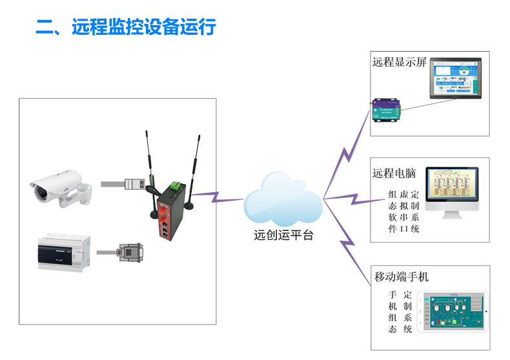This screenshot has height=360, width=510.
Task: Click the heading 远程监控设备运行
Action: click(126, 27)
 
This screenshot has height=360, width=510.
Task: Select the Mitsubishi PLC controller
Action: click(61, 252)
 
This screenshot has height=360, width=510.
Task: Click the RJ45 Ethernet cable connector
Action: click(133, 184)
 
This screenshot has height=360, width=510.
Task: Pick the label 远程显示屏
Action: click(400, 63)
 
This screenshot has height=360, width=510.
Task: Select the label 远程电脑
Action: click(394, 174)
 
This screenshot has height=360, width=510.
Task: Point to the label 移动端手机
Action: click(402, 277)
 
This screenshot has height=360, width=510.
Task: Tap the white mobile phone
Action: click(453, 312)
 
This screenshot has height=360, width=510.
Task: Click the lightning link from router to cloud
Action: click(217, 196)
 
